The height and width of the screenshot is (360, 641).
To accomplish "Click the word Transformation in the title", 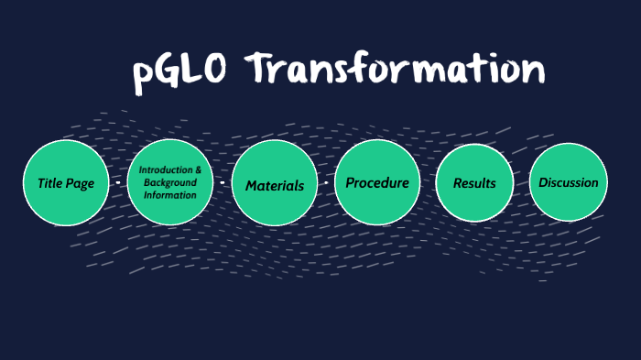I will (397, 71).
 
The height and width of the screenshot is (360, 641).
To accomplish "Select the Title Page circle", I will (65, 183).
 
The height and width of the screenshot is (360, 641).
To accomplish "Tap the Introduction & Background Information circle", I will (169, 183).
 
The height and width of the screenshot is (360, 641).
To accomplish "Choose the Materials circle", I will (274, 185).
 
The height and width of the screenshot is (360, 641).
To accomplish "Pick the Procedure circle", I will (377, 183).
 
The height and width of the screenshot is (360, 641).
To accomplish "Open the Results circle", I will (474, 183).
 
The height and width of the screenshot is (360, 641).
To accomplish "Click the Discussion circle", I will (568, 182).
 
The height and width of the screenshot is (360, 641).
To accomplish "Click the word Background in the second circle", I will (170, 183).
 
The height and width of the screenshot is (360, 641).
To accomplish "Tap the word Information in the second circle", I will (169, 194).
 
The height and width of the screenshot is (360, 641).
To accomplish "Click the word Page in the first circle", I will (80, 183).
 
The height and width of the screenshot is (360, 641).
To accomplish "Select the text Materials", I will (274, 186).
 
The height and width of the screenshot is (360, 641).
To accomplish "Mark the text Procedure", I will (377, 183).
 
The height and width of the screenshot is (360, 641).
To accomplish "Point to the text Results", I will (474, 183).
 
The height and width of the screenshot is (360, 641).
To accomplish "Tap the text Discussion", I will (568, 182).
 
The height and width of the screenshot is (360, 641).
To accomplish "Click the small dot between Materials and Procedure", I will (326, 183).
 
